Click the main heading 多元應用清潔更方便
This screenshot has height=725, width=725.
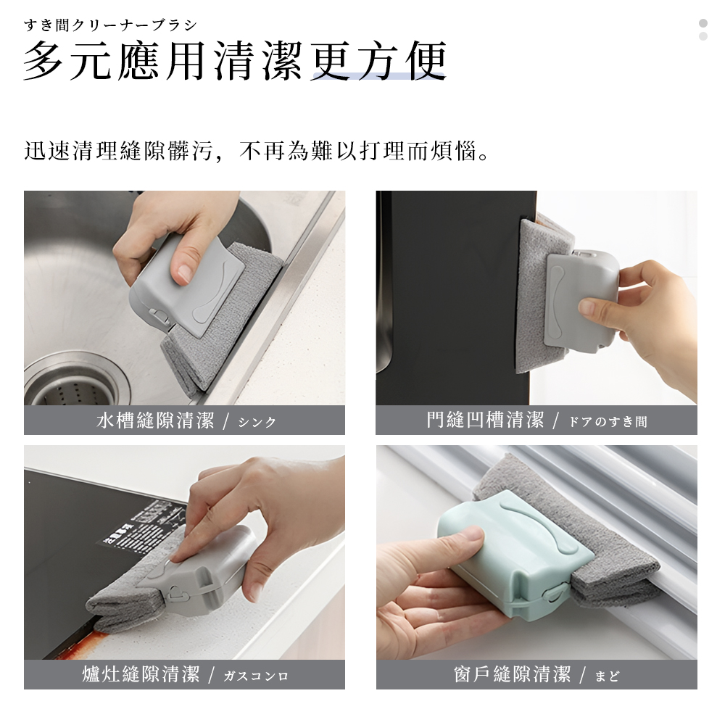pyautogui.click(x=234, y=62)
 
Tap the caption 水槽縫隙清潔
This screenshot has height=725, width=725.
pyautogui.click(x=155, y=420)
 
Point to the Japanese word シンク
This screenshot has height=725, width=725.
pyautogui.click(x=257, y=422)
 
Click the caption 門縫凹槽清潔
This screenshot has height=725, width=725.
pyautogui.click(x=485, y=420)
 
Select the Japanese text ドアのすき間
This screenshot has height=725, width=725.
pyautogui.click(x=608, y=422)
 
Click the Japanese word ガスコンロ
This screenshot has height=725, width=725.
pyautogui.click(x=256, y=676)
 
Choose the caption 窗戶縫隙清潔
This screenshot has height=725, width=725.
pyautogui.click(x=512, y=675)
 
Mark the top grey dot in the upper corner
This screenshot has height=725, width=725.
pyautogui.click(x=703, y=22)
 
